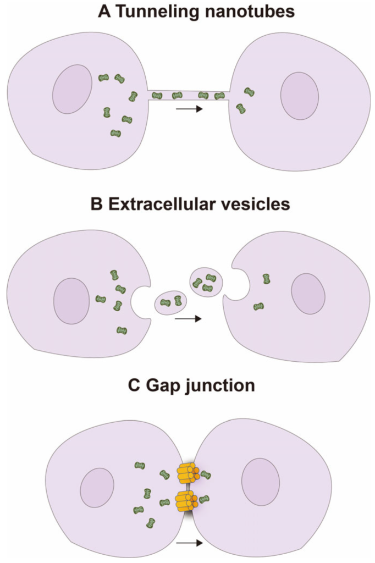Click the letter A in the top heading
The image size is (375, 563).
(103, 12)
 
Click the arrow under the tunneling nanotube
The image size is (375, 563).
(189, 109)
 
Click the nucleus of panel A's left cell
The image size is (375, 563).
(72, 89)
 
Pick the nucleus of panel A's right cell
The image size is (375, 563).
(300, 96)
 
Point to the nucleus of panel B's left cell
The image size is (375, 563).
(71, 301)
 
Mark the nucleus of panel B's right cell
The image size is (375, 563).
(308, 294)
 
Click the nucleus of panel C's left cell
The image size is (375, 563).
(97, 488)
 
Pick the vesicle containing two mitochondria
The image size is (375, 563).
(171, 301)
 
